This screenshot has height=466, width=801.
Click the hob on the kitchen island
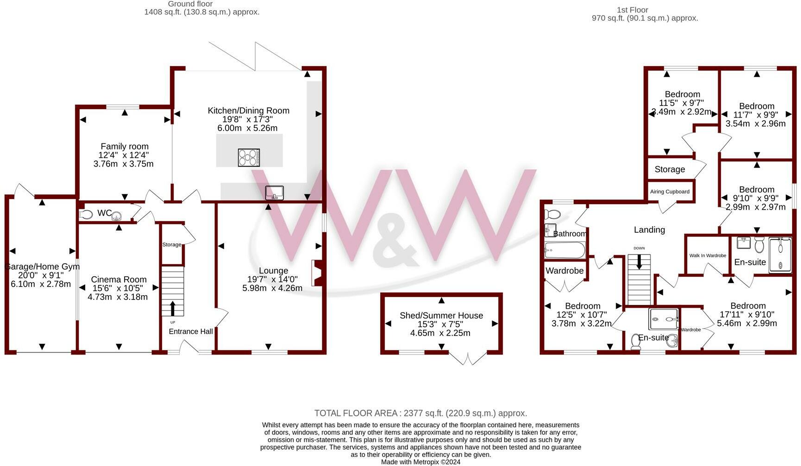[249, 157]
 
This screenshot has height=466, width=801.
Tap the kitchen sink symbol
[274, 193]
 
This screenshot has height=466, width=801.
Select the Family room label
[125, 146]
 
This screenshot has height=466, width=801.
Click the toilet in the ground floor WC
[87, 215]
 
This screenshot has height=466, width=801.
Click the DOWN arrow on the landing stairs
[639, 262]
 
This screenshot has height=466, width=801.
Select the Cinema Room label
[119, 280]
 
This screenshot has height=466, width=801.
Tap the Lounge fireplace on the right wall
[317, 273]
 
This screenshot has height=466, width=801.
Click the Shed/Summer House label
[441, 316]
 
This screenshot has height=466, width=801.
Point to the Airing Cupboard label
[670, 192]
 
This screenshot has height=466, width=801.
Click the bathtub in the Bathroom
[565, 250]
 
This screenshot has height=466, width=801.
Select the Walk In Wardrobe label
[707, 255]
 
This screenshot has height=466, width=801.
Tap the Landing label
[649, 230]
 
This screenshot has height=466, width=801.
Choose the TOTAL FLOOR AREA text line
[420, 413]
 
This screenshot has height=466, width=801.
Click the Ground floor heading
[190, 4]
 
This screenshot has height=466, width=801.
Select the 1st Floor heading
[632, 10]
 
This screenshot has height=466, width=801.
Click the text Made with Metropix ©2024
[420, 462]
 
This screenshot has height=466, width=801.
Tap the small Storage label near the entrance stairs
[172, 244]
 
